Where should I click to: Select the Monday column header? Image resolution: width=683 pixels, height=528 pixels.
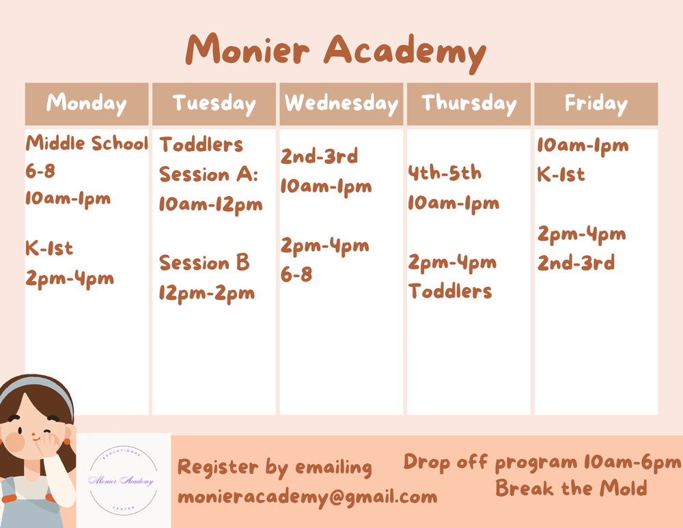[87, 104]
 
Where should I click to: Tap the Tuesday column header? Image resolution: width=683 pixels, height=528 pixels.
[214, 104]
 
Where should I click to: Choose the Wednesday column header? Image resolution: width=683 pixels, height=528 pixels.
[341, 104]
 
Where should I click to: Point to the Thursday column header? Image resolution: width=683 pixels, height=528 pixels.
[469, 104]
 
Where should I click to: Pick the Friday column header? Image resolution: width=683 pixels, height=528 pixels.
[596, 104]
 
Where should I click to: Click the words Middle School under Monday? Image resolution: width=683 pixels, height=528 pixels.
[87, 144]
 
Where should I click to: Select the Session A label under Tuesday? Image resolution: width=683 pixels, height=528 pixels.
[208, 175]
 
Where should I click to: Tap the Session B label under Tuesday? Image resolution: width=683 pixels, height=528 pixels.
[204, 263]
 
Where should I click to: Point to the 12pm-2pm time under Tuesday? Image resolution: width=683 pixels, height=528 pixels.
[206, 293]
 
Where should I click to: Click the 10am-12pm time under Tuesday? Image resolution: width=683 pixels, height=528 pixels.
[210, 204]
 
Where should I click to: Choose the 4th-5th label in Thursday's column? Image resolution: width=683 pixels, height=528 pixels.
[445, 173]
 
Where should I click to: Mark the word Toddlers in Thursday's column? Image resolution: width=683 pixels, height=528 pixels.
[450, 292]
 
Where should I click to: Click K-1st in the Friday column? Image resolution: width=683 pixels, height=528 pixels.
[561, 175]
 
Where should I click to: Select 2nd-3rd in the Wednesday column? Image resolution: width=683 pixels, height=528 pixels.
[319, 156]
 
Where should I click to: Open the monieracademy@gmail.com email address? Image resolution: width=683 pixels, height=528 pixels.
[307, 497]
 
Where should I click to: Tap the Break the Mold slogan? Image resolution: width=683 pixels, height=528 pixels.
[571, 488]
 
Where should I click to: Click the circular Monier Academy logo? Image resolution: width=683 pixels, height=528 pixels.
[123, 481]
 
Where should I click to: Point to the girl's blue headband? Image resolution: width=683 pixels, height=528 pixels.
[41, 386]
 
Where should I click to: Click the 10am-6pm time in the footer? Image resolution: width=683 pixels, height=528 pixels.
[632, 462]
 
